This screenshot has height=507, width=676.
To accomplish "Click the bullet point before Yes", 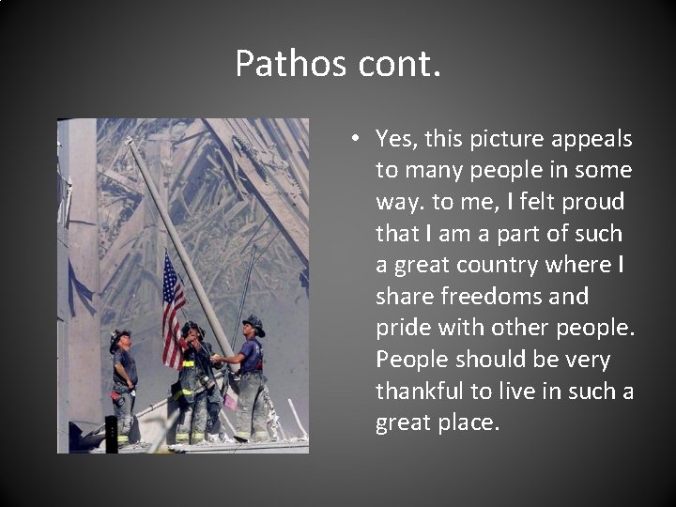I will tap(358, 139).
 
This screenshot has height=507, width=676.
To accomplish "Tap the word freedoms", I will tap(496, 297).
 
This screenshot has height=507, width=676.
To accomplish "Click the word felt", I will tap(538, 202).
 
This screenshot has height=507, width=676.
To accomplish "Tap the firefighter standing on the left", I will tap(122, 385).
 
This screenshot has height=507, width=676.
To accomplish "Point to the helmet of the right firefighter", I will tap(253, 324).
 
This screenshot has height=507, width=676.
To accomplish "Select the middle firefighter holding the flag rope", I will tap(193, 385).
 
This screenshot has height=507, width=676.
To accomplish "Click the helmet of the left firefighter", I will tap(119, 337).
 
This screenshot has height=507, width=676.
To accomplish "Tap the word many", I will tap(433, 170).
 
